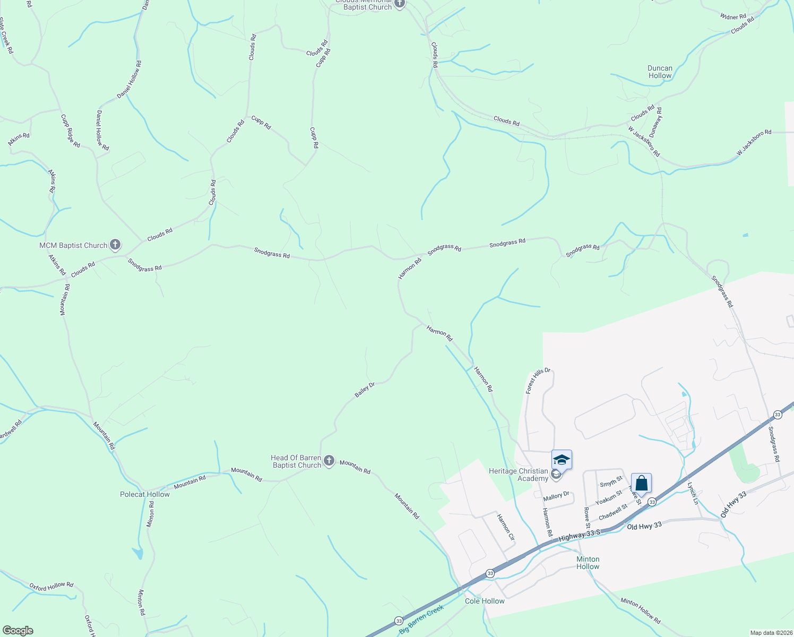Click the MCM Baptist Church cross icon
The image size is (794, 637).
tap(115, 245)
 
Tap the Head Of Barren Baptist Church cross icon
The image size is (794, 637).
tap(329, 461)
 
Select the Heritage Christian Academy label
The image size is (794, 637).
tap(519, 475)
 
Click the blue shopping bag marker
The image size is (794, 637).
tap(641, 484)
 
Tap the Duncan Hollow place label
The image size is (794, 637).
tap(660, 72)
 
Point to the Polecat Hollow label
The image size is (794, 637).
tap(145, 494)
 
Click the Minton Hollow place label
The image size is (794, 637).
tap(588, 563)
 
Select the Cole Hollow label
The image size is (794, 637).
tap(485, 601)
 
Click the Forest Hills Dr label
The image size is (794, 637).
tap(538, 381)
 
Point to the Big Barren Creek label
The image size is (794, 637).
tap(421, 619)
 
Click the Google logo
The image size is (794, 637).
tap(18, 631)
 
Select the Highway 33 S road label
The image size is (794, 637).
tap(579, 536)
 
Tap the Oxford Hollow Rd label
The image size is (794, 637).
tap(51, 587)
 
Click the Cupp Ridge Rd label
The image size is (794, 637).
tap(70, 131)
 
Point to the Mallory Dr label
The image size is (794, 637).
tap(556, 496)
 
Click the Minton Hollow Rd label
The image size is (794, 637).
tap(641, 610)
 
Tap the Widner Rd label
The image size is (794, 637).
tap(733, 17)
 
